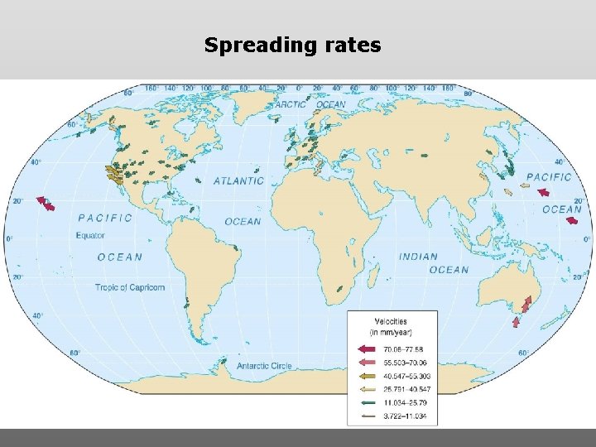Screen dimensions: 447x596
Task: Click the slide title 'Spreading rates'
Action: click(293, 45)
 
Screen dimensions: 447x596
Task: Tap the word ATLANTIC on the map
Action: click(238, 180)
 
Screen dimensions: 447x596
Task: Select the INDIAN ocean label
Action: click(418, 257)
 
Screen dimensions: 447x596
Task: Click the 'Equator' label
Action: click(91, 235)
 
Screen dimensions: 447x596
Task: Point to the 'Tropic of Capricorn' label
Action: click(129, 287)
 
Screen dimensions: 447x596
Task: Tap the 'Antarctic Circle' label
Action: click(263, 365)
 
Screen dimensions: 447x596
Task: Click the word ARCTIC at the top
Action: click(291, 105)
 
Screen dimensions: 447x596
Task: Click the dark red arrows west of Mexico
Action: click(46, 203)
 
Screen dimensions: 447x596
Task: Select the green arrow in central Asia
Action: click(425, 155)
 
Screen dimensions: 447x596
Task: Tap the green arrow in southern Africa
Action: click(339, 289)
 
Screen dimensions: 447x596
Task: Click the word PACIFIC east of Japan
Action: click(549, 177)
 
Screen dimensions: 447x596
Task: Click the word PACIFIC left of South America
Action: click(104, 218)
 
